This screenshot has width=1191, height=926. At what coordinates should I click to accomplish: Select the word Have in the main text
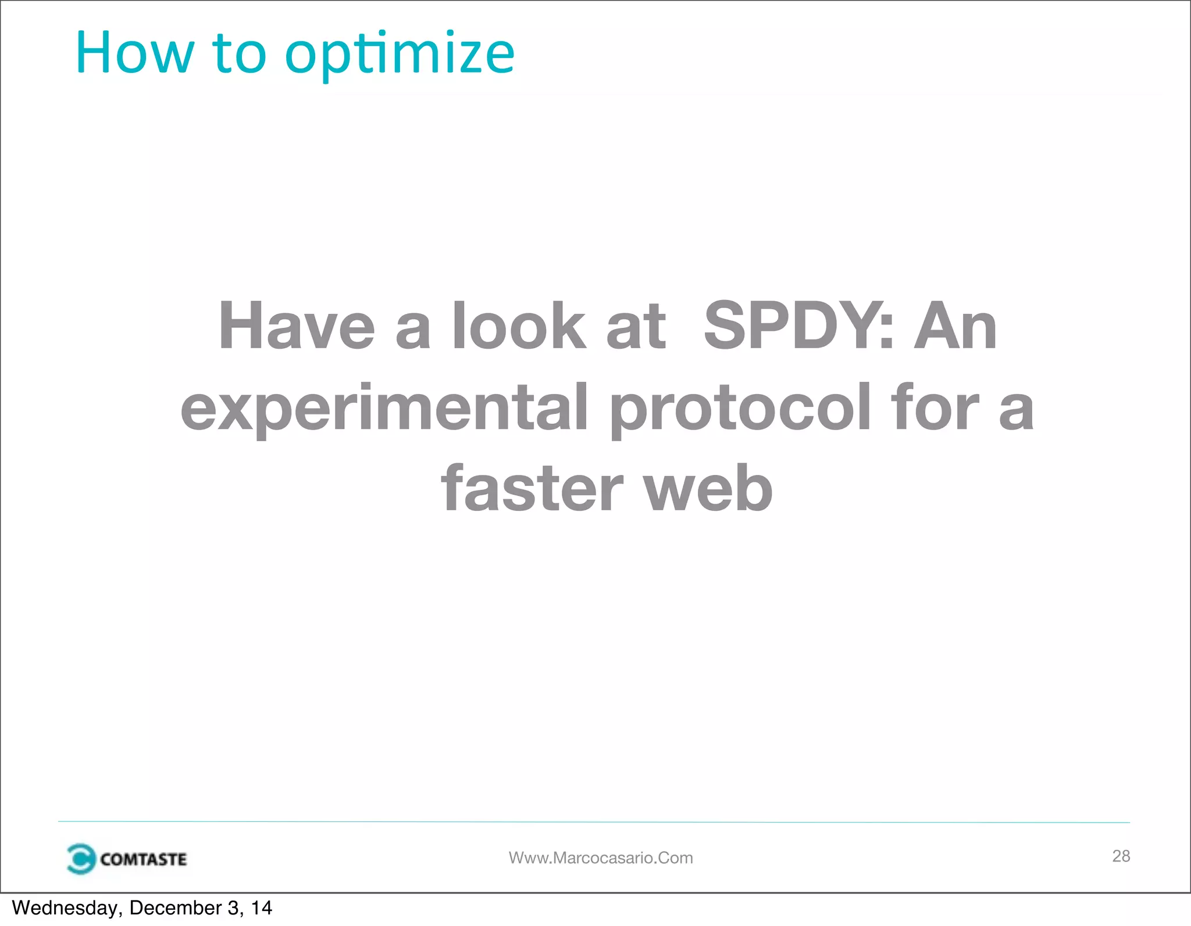pos(297,327)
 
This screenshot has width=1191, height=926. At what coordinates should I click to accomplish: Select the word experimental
pos(384,409)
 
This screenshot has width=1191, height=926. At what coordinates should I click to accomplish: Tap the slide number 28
pos(1121,856)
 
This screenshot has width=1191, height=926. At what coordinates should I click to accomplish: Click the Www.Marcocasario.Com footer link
pos(601,858)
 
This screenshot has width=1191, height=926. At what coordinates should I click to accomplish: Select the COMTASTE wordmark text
pos(143,859)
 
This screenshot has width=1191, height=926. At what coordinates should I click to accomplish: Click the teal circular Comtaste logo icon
pos(80,859)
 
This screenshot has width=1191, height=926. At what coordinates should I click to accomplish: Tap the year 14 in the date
pos(262,908)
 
